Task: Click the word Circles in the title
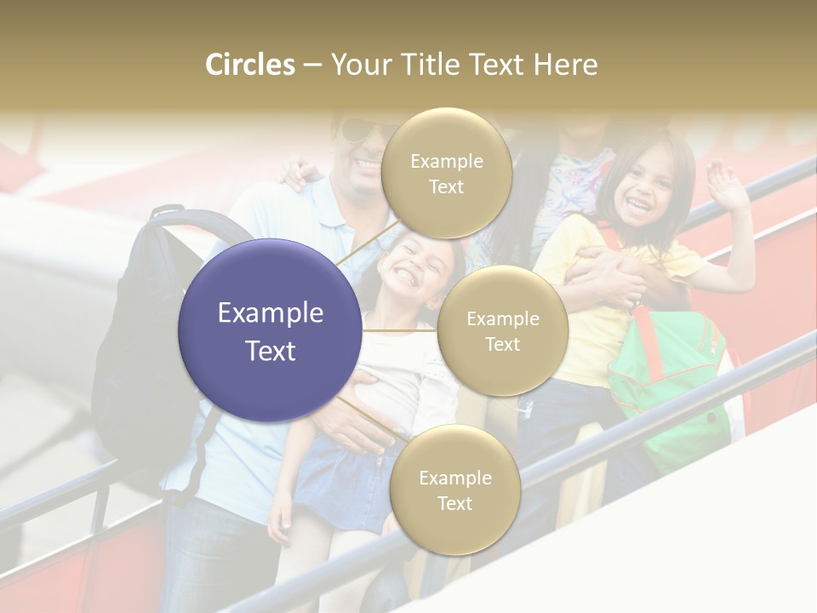pyautogui.click(x=249, y=65)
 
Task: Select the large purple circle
pyautogui.click(x=270, y=330)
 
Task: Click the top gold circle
pyautogui.click(x=446, y=173)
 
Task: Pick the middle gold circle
pyautogui.click(x=502, y=330)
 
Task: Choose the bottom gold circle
pyautogui.click(x=454, y=490)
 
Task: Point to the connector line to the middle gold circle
pyautogui.click(x=400, y=330)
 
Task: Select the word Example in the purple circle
pyautogui.click(x=270, y=312)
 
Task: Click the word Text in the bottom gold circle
pyautogui.click(x=454, y=503)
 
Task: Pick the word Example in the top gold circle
pyautogui.click(x=446, y=162)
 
